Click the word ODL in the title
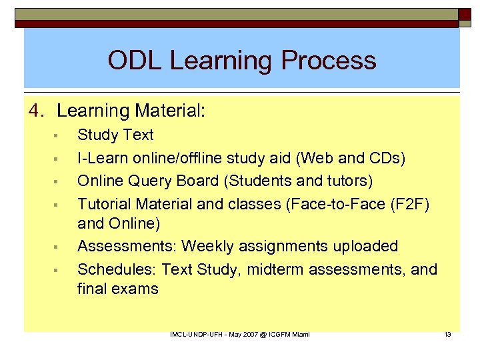click(x=135, y=61)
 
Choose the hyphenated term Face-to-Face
click(x=331, y=204)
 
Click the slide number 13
click(x=447, y=334)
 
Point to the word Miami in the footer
click(x=299, y=334)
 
